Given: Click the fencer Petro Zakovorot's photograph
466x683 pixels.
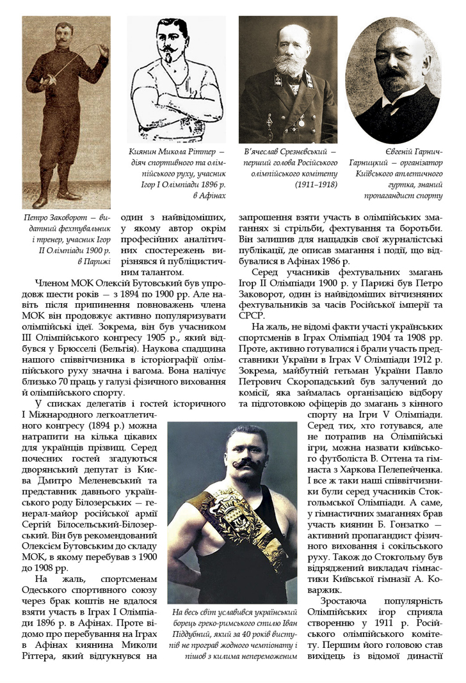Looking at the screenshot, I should pyautogui.click(x=66, y=112).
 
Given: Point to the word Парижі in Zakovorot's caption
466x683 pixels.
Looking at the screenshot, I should pyautogui.click(x=97, y=261).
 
